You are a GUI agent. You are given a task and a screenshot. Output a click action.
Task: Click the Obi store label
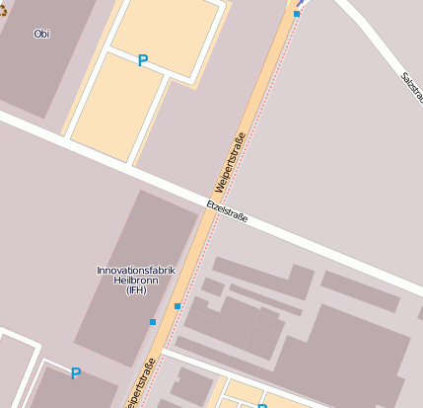tap(41, 34)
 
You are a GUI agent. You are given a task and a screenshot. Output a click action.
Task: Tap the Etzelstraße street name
tap(227, 211)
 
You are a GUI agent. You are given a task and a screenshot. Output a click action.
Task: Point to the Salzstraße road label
tap(411, 90)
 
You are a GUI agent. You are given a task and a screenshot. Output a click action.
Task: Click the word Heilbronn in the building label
tap(136, 280)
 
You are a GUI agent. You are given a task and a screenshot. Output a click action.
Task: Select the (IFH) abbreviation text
tap(136, 290)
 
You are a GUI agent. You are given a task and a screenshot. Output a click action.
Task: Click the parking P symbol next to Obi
tap(142, 61)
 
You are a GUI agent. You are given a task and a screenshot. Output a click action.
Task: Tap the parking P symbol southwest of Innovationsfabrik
tap(75, 373)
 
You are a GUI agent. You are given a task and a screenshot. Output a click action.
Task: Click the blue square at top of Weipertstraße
tap(297, 14)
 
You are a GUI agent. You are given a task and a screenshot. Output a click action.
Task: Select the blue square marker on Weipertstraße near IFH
tap(177, 306)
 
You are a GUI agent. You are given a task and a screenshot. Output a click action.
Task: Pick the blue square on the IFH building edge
tap(152, 322)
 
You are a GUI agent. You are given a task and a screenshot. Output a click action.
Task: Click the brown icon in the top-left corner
tap(3, 17)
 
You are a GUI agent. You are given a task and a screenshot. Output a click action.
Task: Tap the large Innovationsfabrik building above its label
tap(148, 232)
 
